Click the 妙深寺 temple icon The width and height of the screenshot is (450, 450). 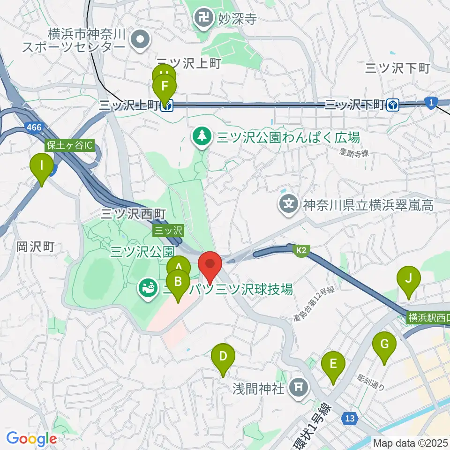coord(204,19)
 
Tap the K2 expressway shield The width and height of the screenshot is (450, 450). coord(300,252)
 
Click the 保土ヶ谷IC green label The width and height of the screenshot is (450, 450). coord(69,145)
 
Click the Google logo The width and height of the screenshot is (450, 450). coord(31,438)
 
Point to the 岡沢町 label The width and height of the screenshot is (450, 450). coord(36,246)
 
